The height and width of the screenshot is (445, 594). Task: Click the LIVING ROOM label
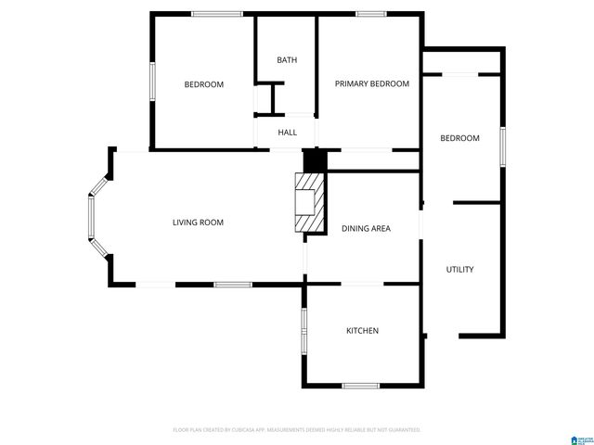pos(198,222)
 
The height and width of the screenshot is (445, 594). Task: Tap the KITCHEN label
pos(362,331)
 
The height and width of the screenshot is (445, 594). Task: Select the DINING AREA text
pos(366,228)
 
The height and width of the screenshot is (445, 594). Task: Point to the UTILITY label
pos(460,270)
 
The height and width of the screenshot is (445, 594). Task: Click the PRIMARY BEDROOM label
pos(371,83)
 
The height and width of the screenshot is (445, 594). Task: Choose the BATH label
pos(287,60)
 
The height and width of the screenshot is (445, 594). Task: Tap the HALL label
pos(287,133)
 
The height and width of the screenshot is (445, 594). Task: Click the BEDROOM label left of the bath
pos(204,84)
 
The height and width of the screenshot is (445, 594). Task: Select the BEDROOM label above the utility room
pos(459,138)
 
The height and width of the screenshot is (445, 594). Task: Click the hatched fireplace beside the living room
pos(310,203)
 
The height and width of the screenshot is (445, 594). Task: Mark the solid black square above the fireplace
pos(316,160)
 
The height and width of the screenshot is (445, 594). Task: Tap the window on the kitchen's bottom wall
pos(361,386)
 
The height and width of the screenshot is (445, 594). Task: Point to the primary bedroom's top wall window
pos(370,13)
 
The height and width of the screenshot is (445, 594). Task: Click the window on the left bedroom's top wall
pos(217,13)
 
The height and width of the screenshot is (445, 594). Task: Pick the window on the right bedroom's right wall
pos(503,146)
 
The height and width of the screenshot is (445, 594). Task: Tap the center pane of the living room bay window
pos(91,216)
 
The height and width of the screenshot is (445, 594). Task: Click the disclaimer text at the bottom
pos(297,430)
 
